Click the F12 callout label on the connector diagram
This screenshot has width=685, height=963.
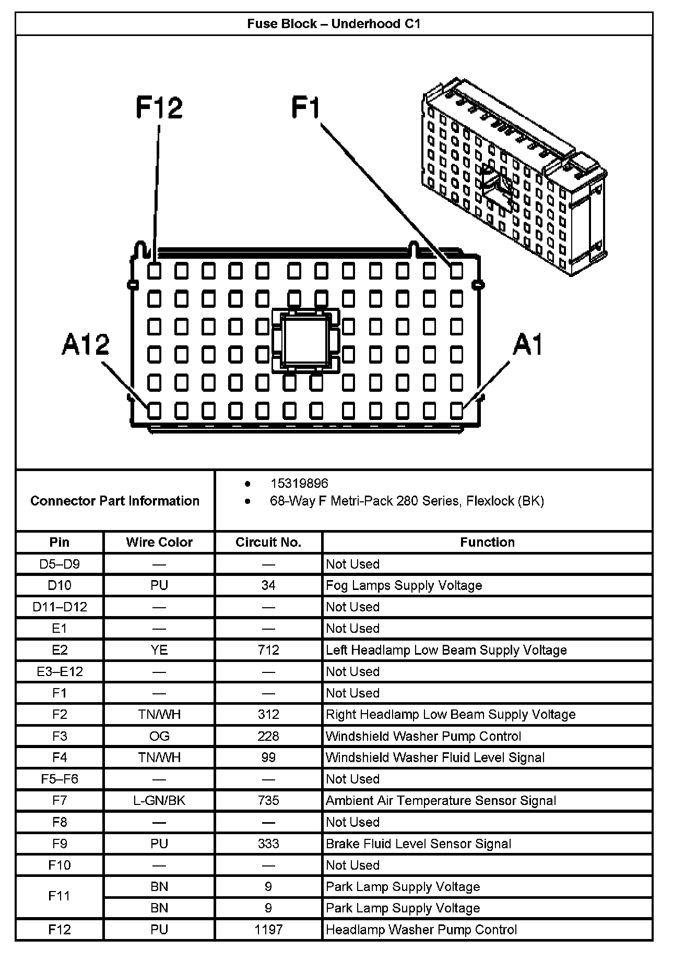tap(159, 107)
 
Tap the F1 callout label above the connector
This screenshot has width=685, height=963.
tap(305, 107)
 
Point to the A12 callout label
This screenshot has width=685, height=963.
tap(86, 345)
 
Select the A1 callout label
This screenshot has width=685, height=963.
tap(528, 345)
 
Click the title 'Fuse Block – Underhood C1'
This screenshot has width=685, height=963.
tap(334, 24)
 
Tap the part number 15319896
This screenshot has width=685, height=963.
tap(299, 484)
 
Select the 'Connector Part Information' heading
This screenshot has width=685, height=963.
tap(115, 501)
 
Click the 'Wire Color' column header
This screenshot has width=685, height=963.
tap(159, 542)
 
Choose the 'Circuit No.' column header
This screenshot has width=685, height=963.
tap(268, 542)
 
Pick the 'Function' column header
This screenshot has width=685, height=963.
tap(487, 542)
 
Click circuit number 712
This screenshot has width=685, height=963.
tap(268, 650)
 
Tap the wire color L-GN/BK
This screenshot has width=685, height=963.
tap(159, 800)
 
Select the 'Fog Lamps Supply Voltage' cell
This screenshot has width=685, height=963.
tap(404, 585)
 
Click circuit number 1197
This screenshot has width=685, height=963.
tap(268, 929)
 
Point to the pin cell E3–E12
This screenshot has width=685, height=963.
tap(60, 671)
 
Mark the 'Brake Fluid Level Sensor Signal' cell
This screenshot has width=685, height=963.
tap(418, 844)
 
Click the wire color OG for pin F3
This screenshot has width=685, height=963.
tap(159, 736)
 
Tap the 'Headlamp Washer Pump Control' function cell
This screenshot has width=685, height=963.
tap(421, 929)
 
